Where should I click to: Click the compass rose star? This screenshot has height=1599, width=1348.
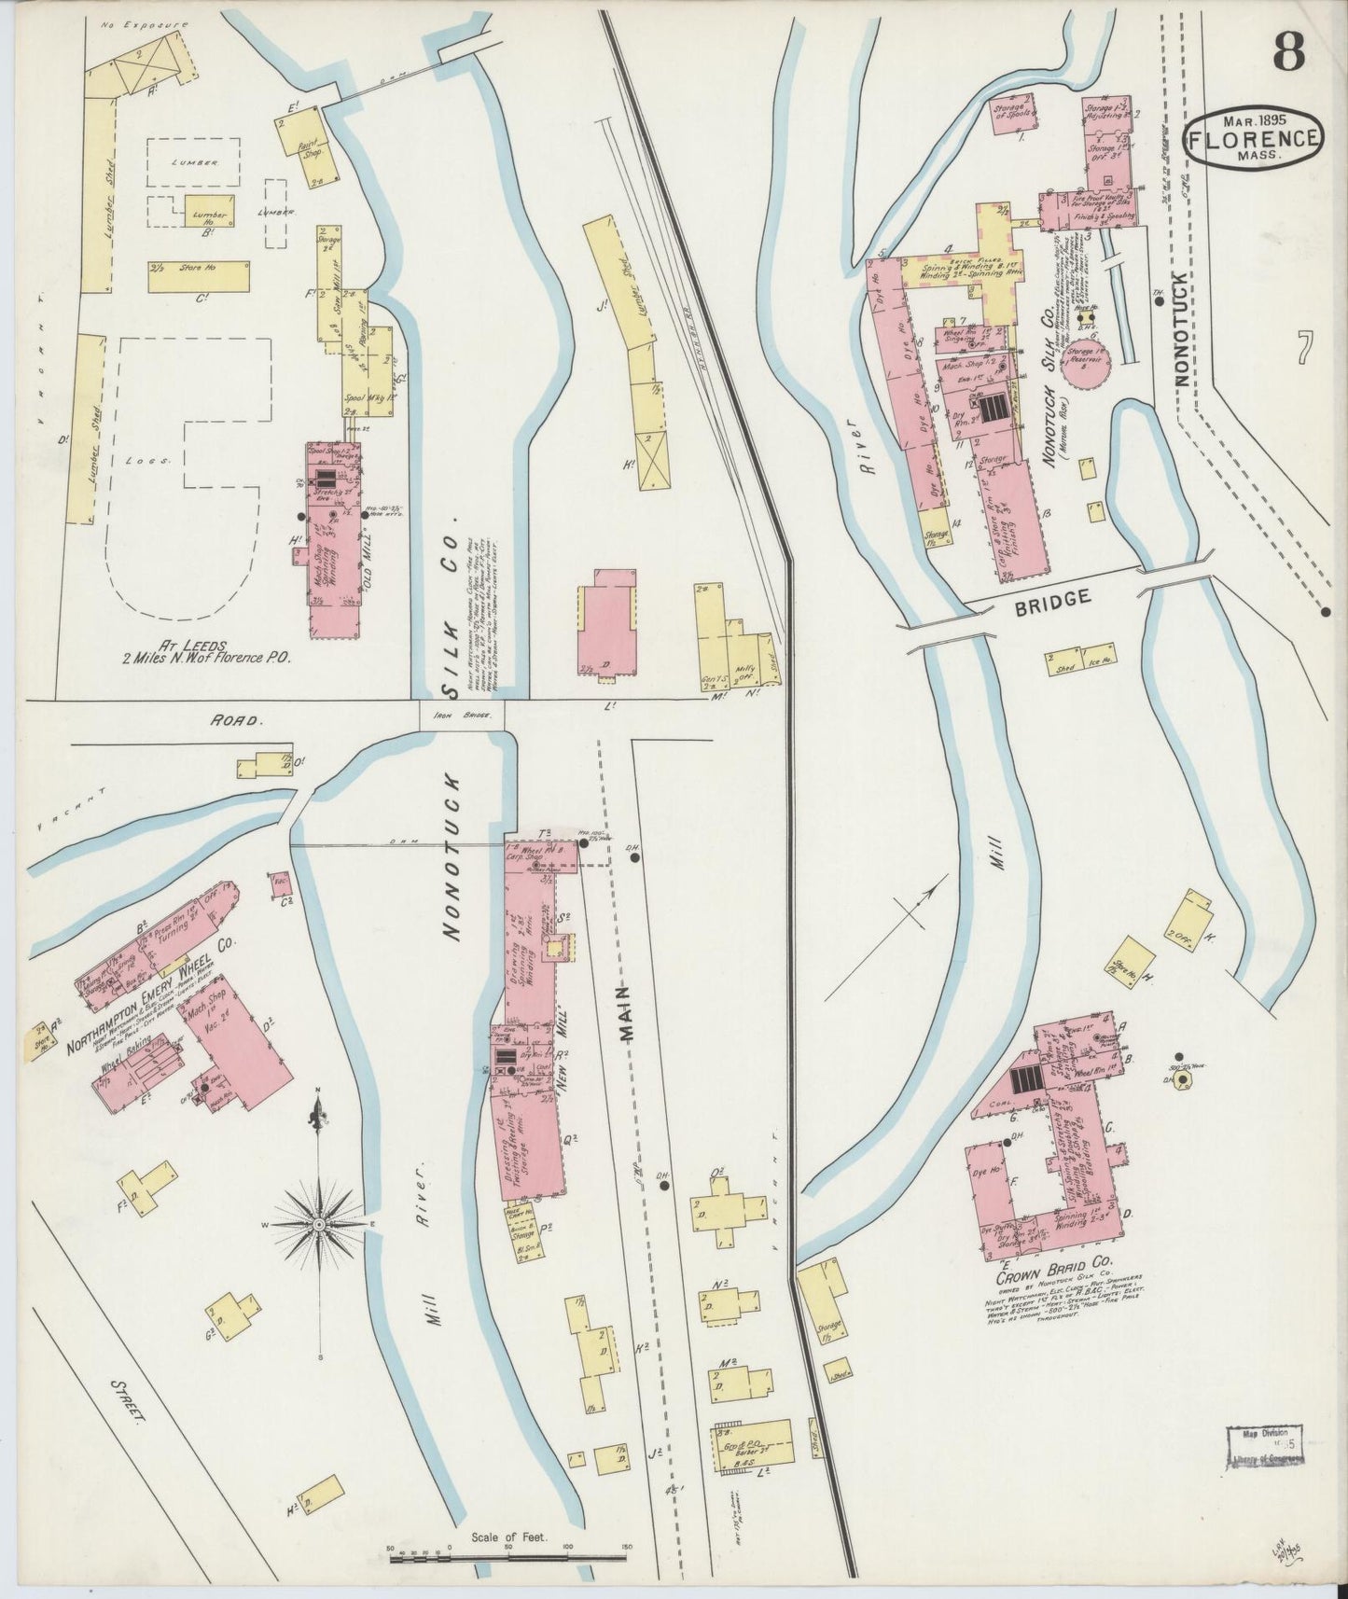point(319,1223)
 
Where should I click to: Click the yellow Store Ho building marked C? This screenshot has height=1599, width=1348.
point(199,276)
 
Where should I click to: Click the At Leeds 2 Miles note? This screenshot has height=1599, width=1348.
point(206,649)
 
